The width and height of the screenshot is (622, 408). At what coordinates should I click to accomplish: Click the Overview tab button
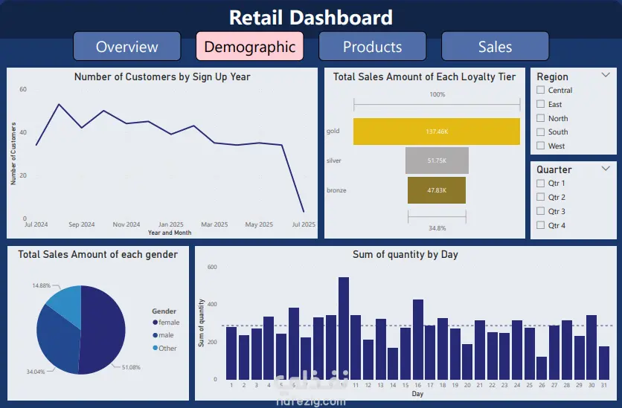point(126,47)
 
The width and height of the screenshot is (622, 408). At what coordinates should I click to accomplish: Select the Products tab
point(372,47)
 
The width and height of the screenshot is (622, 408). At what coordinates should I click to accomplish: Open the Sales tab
point(495,47)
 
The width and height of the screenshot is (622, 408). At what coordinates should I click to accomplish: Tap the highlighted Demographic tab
point(249,47)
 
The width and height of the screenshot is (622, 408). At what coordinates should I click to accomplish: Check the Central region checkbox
point(541,91)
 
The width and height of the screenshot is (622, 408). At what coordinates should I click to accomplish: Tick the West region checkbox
point(541,146)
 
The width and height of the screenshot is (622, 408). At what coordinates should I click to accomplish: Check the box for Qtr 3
point(541,212)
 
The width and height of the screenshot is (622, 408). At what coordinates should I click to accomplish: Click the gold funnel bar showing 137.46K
point(437,132)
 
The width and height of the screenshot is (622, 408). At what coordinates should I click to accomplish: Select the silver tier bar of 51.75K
point(437,161)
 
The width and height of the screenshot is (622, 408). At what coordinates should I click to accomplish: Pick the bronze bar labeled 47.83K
point(437,190)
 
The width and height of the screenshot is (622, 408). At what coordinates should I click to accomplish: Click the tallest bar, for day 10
point(344,328)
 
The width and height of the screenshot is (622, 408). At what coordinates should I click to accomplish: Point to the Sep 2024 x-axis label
point(82,224)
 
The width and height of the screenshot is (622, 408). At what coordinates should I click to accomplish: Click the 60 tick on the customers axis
point(23,89)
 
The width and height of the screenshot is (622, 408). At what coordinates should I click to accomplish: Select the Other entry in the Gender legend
point(167,349)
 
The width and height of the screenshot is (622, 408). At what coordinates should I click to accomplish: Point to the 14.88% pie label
point(41,285)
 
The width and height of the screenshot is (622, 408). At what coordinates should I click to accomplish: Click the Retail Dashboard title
point(310,17)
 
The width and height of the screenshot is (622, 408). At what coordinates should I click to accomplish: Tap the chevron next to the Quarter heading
point(606,168)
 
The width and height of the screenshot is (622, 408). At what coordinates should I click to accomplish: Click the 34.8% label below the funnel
point(437,228)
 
